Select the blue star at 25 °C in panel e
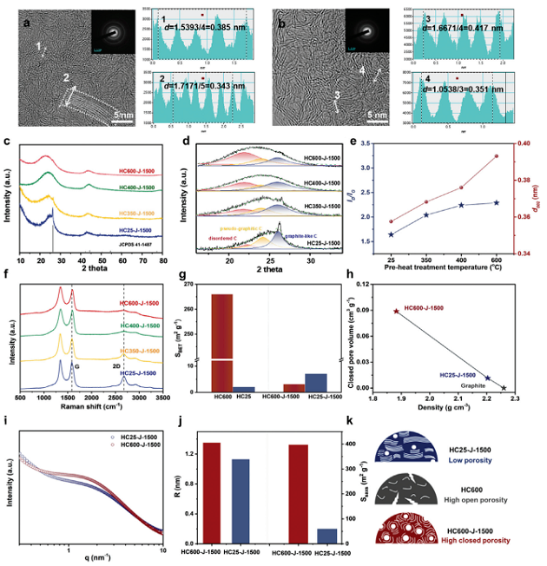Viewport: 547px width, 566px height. [391, 234]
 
